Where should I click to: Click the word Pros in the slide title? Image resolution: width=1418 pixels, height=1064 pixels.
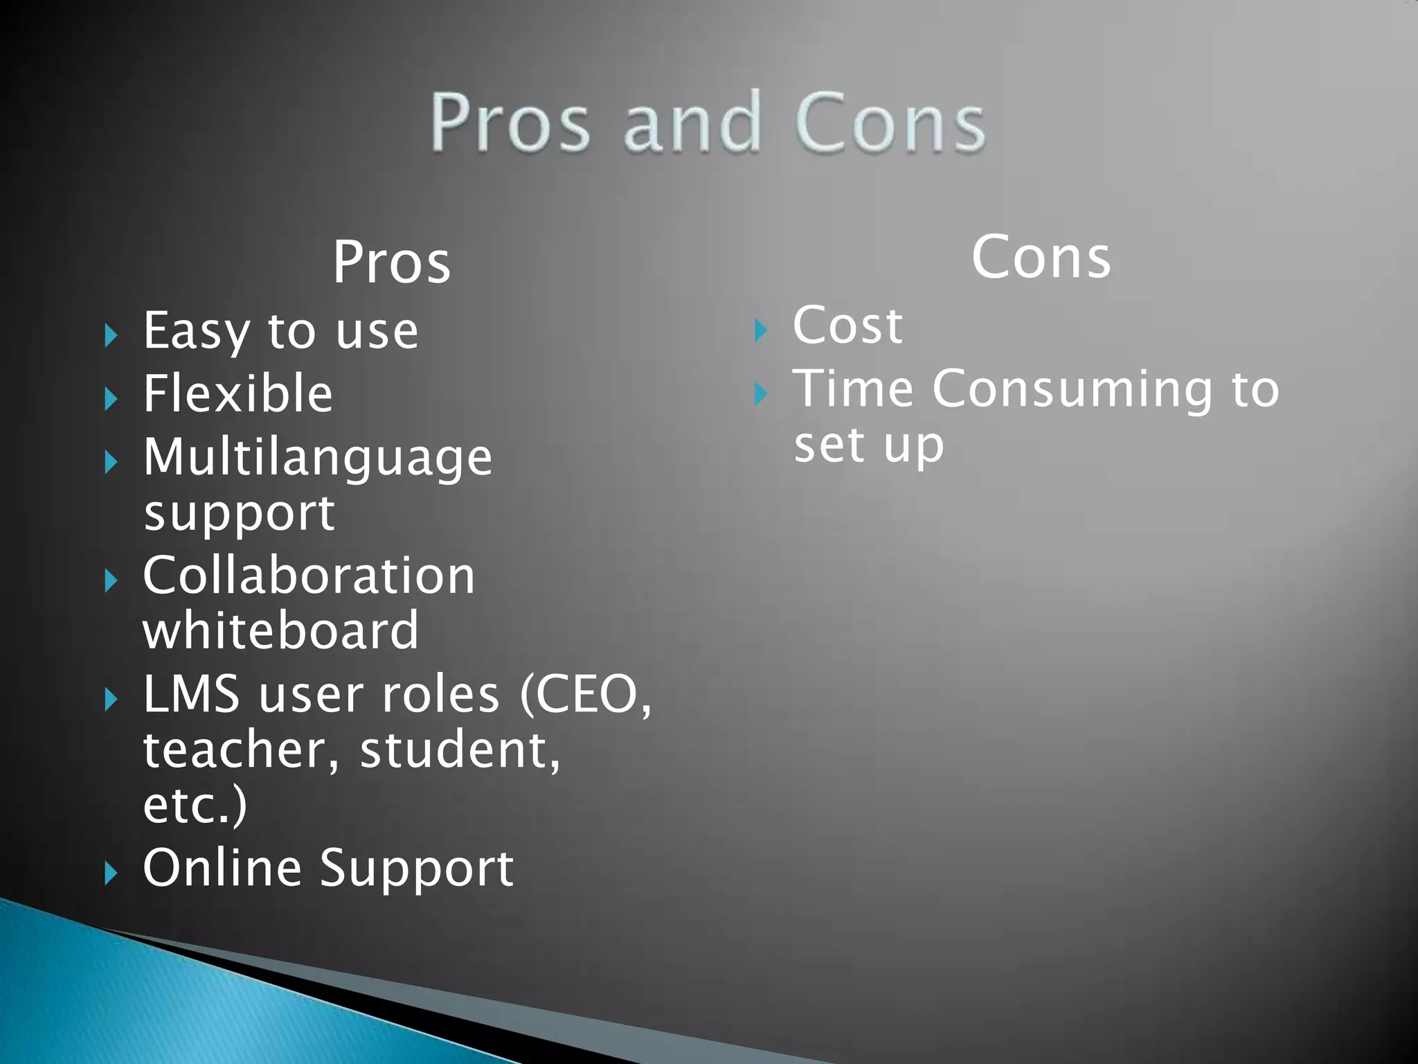click(510, 123)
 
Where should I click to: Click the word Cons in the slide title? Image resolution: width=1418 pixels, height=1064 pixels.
click(890, 123)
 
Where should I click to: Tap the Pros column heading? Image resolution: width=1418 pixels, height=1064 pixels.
click(392, 263)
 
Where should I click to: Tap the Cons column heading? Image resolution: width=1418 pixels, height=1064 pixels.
click(1041, 257)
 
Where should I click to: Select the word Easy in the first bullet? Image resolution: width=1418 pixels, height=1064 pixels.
click(196, 332)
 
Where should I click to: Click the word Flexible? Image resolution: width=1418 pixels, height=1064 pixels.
click(238, 393)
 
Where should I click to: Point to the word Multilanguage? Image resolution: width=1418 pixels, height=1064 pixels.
click(318, 458)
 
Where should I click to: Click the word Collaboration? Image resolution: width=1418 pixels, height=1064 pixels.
click(309, 576)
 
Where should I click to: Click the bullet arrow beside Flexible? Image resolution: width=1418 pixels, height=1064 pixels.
click(111, 398)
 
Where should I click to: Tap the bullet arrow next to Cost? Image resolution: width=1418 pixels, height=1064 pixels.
click(760, 330)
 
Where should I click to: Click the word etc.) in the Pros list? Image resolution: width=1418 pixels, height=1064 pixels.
click(195, 805)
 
